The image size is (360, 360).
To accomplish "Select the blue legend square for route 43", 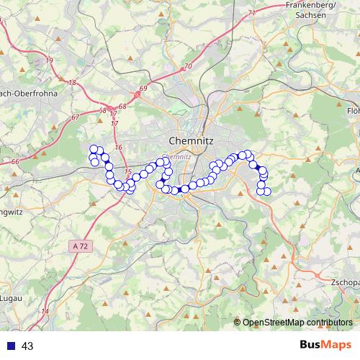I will pyautogui.click(x=11, y=346).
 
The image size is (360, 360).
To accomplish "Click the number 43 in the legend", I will pyautogui.click(x=28, y=346).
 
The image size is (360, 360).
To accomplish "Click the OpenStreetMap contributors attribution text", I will pyautogui.click(x=297, y=322).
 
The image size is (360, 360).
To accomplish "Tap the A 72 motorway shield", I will pyautogui.click(x=81, y=246).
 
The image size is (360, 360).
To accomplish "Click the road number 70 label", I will pyautogui.click(x=189, y=66).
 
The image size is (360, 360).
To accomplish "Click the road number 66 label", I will pyautogui.click(x=15, y=163).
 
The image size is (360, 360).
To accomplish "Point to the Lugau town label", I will pyautogui.click(x=10, y=297).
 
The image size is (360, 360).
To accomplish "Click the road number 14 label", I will pyautogui.click(x=45, y=312).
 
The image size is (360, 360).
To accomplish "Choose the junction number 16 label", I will pyautogui.click(x=118, y=148).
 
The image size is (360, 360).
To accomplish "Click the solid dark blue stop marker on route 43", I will pyautogui.click(x=257, y=167).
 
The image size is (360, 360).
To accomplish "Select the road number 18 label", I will pyautogui.click(x=72, y=83).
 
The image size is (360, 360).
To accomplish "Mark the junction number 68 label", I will pyautogui.click(x=121, y=107).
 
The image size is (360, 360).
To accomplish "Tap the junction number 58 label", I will pyautogui.click(x=103, y=110).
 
